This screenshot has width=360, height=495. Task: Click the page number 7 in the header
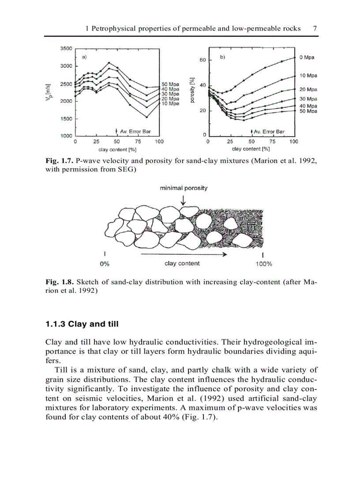tap(315, 28)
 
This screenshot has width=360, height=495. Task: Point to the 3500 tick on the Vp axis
tap(66, 48)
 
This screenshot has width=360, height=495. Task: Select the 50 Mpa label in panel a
tap(170, 84)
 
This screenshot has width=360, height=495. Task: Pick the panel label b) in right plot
tap(223, 57)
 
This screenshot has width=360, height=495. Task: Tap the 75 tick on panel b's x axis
tap(272, 141)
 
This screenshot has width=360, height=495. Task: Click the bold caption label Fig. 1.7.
tap(59, 161)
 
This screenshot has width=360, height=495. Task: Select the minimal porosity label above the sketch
tap(184, 188)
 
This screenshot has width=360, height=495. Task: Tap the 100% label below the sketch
tap(263, 264)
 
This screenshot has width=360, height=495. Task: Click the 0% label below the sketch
tap(105, 264)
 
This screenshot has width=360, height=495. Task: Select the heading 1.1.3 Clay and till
tap(82, 324)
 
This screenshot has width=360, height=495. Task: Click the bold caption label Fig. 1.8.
tap(59, 282)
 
